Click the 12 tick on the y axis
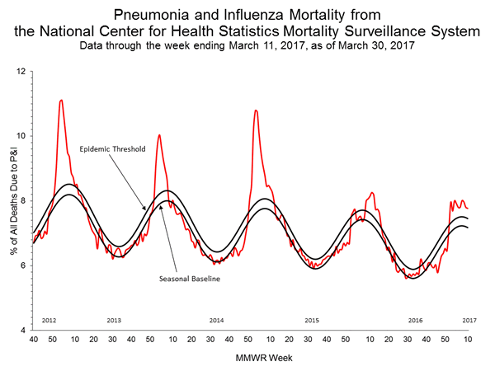[21, 72]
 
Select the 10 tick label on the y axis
[21, 136]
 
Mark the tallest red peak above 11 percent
[61, 101]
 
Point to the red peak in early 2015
[256, 110]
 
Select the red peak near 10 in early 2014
[158, 134]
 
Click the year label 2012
[48, 319]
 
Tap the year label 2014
[216, 319]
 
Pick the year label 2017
[469, 319]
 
